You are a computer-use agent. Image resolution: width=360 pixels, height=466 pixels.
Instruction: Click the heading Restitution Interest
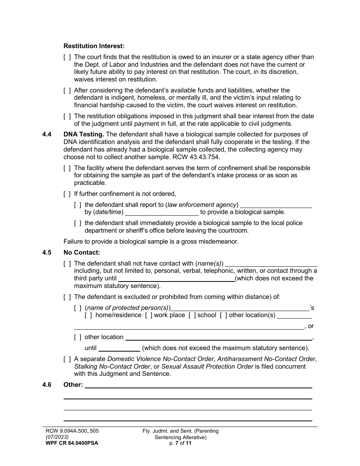pos(94,46)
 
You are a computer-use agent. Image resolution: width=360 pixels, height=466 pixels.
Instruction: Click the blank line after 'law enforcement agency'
pos(276,205)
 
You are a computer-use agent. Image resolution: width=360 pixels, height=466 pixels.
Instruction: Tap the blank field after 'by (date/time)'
pos(162,212)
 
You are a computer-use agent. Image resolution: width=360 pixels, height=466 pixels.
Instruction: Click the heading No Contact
pos(81,253)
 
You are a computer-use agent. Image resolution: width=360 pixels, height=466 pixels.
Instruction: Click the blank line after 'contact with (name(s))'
pos(271,264)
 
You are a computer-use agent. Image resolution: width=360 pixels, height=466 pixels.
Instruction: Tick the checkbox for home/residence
pos(88,315)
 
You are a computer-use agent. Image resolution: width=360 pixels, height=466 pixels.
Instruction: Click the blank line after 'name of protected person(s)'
pos(240,308)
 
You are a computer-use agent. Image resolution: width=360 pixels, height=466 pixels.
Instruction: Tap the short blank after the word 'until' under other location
pos(119,348)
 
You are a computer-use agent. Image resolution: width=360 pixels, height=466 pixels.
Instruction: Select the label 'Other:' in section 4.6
pos(73,385)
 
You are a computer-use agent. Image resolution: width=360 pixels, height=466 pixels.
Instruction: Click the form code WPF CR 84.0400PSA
pos(70,443)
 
